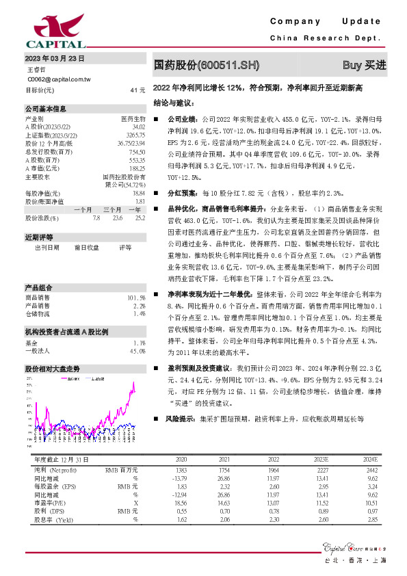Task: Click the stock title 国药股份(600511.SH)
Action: click(207, 66)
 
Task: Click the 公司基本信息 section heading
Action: click(46, 109)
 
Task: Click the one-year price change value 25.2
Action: click(140, 218)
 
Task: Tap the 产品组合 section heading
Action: click(39, 287)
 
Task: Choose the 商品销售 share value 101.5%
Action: click(137, 298)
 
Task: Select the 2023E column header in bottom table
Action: click(319, 459)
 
